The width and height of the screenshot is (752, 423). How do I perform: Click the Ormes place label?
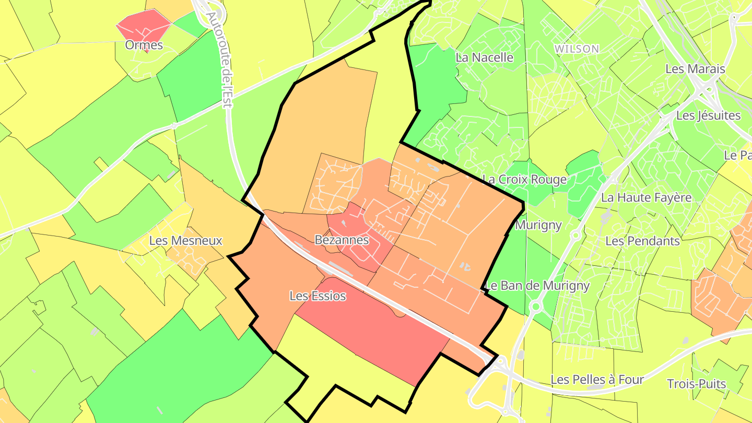[144, 45]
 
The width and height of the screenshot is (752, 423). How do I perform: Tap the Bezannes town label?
[342, 240]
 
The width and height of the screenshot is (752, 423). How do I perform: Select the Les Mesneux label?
[186, 241]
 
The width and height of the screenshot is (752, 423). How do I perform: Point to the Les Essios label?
[318, 296]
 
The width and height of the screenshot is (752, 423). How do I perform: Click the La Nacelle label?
[485, 57]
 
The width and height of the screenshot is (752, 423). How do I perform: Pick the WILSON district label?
[577, 49]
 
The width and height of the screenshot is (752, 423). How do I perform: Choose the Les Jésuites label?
[708, 115]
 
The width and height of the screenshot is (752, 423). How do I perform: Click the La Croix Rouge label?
[524, 180]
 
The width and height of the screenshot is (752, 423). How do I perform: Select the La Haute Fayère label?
[647, 197]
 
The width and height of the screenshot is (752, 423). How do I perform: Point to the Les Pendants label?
[642, 241]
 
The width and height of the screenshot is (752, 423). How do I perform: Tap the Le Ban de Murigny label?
[537, 286]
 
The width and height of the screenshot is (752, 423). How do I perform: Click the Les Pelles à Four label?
[597, 380]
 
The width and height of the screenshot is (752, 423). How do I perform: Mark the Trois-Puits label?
[697, 384]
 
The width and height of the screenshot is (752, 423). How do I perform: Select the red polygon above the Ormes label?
[144, 24]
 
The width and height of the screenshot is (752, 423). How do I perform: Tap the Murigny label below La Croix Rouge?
[538, 225]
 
